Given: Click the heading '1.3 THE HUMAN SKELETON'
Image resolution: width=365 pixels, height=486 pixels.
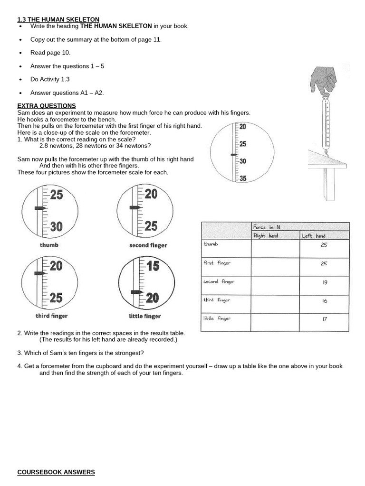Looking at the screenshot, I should pyautogui.click(x=58, y=19).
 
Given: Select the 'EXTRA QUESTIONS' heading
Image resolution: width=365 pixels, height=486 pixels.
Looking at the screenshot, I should pyautogui.click(x=46, y=105).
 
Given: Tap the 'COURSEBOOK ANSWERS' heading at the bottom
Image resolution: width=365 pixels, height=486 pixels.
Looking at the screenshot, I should pyautogui.click(x=56, y=472).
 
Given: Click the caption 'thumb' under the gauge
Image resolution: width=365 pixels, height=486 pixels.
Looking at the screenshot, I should pyautogui.click(x=49, y=245).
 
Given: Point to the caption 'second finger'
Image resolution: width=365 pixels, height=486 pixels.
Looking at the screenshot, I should pyautogui.click(x=148, y=245).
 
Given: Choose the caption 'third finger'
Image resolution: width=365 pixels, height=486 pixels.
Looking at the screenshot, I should pyautogui.click(x=51, y=316).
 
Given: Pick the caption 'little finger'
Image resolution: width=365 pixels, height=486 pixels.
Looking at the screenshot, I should pyautogui.click(x=144, y=316).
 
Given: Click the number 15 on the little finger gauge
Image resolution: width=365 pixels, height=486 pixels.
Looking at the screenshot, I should pyautogui.click(x=152, y=266).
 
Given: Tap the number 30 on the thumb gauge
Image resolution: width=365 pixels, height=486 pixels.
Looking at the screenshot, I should pyautogui.click(x=56, y=226).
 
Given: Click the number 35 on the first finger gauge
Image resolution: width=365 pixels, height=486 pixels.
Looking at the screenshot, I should pyautogui.click(x=242, y=178).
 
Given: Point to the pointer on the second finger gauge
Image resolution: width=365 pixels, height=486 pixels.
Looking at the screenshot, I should pyautogui.click(x=135, y=208).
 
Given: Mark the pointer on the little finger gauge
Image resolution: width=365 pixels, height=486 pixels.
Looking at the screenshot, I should pyautogui.click(x=136, y=291).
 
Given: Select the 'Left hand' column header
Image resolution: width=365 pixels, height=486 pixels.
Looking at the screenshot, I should pyautogui.click(x=314, y=236).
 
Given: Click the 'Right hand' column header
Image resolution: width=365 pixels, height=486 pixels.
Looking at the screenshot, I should pyautogui.click(x=266, y=236).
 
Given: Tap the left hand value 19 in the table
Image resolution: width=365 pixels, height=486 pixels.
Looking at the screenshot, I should pyautogui.click(x=325, y=282).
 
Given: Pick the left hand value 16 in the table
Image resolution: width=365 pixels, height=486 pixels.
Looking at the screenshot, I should pyautogui.click(x=325, y=300).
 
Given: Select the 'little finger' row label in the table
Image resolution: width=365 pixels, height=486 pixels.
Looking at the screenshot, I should pyautogui.click(x=217, y=318).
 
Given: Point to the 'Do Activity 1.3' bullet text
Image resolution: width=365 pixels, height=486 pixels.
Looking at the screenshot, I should pyautogui.click(x=50, y=79).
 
